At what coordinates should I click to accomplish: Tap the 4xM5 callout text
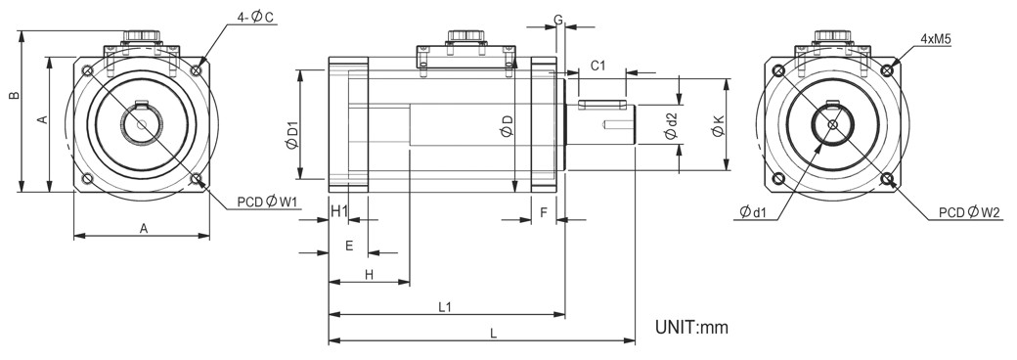(x=935, y=39)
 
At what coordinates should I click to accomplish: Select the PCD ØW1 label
(x=267, y=202)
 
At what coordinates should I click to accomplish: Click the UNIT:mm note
(x=691, y=327)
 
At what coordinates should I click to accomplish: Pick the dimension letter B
(x=13, y=96)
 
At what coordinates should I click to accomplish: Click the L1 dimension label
(x=445, y=306)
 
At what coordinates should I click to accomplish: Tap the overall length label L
(x=493, y=334)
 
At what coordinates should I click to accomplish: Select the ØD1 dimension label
(x=292, y=135)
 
